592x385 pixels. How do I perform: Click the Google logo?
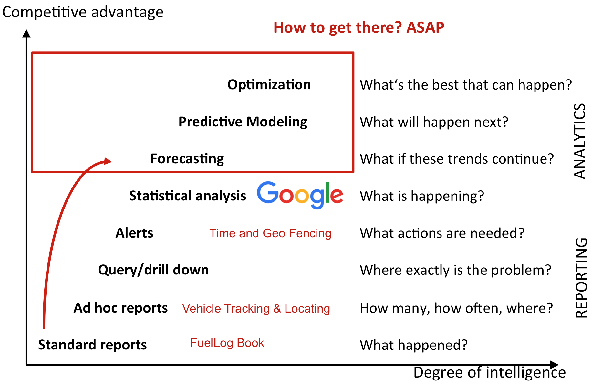[300, 195]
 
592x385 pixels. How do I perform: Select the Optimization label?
[269, 85]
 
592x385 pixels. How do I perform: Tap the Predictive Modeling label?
[243, 122]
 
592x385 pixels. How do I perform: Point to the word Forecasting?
[187, 159]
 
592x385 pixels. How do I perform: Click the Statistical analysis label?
[188, 196]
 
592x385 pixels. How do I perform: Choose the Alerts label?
[134, 233]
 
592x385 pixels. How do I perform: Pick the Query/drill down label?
[153, 270]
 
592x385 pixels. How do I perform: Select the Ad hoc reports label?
[120, 308]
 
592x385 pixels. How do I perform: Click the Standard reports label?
[92, 345]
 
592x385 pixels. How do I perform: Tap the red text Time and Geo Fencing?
[270, 233]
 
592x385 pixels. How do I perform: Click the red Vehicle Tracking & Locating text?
[256, 309]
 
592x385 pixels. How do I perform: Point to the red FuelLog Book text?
[227, 343]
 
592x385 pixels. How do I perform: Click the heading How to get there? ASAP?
[359, 27]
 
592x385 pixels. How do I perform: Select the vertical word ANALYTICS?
[579, 141]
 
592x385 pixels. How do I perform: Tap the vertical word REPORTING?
[581, 278]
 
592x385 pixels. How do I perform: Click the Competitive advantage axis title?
[83, 12]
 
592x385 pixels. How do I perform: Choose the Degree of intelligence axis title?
[490, 372]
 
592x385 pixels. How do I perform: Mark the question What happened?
[414, 345]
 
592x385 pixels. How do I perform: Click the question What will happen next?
[434, 122]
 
